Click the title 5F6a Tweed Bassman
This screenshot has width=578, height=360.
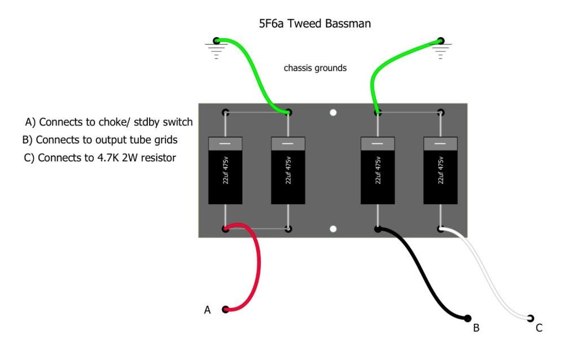[x=314, y=24]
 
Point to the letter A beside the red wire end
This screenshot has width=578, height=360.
[x=207, y=310]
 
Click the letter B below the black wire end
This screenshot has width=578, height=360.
[x=476, y=328]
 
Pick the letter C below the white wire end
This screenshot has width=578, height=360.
[x=539, y=327]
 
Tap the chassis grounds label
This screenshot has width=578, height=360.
[x=315, y=68]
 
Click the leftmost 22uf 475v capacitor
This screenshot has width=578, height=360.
[x=225, y=170]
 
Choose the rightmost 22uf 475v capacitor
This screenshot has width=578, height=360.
[x=441, y=170]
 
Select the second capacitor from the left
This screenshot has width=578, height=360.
[x=288, y=170]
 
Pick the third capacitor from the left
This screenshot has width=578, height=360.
[x=378, y=170]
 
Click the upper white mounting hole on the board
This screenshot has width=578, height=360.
[x=333, y=112]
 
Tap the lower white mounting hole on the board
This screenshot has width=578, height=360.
[x=333, y=229]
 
